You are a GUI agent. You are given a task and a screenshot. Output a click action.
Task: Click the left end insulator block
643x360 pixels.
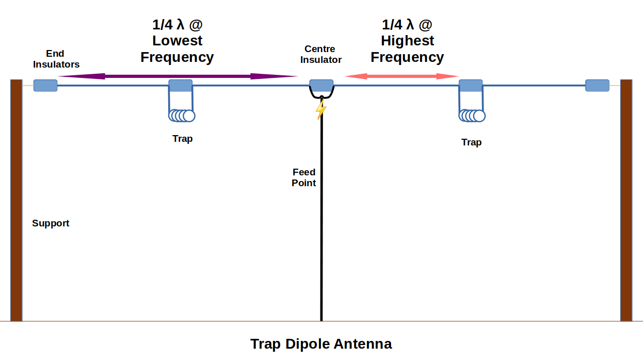click(x=45, y=86)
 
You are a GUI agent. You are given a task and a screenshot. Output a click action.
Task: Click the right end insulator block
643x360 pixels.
click(x=597, y=86)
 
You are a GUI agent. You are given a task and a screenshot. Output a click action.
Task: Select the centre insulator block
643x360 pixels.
click(x=321, y=86)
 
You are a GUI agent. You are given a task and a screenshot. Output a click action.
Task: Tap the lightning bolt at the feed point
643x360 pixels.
click(x=321, y=109)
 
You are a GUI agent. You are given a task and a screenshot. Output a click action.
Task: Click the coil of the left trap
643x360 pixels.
click(x=182, y=116)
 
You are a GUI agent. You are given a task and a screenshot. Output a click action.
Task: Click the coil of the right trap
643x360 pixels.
click(x=472, y=116)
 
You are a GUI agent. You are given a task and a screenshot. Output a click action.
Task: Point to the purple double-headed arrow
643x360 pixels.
click(x=178, y=76)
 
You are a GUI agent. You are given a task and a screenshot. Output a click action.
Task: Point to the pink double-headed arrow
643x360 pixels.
click(x=401, y=76)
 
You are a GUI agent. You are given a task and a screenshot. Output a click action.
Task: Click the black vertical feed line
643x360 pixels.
click(x=321, y=232)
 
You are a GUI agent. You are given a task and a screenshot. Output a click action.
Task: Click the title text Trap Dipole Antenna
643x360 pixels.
click(x=321, y=344)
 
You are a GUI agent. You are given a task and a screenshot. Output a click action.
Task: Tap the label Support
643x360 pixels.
click(x=51, y=223)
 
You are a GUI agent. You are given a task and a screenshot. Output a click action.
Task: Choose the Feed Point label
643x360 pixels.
click(x=303, y=177)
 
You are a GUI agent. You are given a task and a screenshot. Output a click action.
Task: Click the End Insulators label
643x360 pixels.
click(x=56, y=59)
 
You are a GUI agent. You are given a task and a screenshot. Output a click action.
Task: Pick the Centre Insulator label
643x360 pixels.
click(x=320, y=54)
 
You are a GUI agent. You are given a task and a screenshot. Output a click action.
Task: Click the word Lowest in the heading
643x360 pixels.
click(x=177, y=41)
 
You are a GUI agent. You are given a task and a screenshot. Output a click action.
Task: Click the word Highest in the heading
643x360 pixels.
click(x=407, y=41)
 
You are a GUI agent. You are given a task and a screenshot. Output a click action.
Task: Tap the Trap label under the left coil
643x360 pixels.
click(x=182, y=139)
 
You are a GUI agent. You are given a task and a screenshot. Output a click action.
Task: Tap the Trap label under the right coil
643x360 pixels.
click(x=471, y=142)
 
